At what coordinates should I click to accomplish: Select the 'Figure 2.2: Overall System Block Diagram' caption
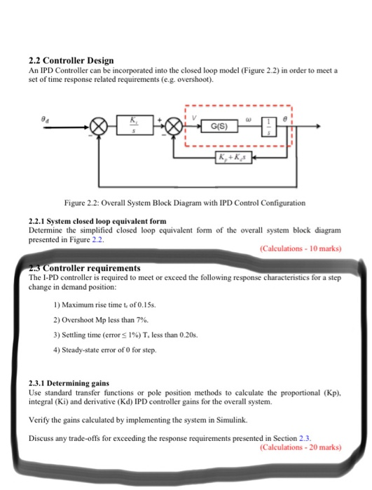[x=184, y=202]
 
